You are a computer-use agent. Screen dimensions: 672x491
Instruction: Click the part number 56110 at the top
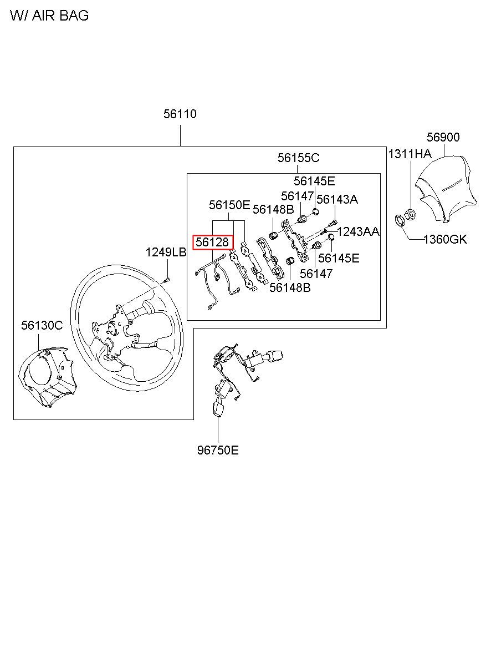[180, 114]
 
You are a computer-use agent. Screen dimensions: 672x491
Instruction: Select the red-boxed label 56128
[213, 242]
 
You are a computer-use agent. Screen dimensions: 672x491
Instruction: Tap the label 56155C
[298, 158]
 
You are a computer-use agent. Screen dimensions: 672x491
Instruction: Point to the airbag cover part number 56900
[443, 137]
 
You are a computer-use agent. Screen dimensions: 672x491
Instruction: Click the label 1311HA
[409, 154]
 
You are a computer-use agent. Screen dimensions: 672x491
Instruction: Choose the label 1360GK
[445, 240]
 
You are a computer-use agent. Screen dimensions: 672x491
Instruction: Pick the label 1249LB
[166, 252]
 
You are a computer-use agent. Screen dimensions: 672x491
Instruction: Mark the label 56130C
[42, 326]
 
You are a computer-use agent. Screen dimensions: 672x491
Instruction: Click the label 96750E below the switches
[218, 450]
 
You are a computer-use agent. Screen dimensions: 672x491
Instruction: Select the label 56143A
[337, 200]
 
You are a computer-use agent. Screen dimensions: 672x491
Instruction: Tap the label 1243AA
[358, 231]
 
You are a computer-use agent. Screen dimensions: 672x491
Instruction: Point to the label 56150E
[229, 205]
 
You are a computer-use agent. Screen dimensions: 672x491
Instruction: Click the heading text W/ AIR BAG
[49, 16]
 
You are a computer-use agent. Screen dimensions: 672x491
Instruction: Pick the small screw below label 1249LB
[167, 279]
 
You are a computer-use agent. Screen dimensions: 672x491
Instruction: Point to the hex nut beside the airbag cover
[411, 213]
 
